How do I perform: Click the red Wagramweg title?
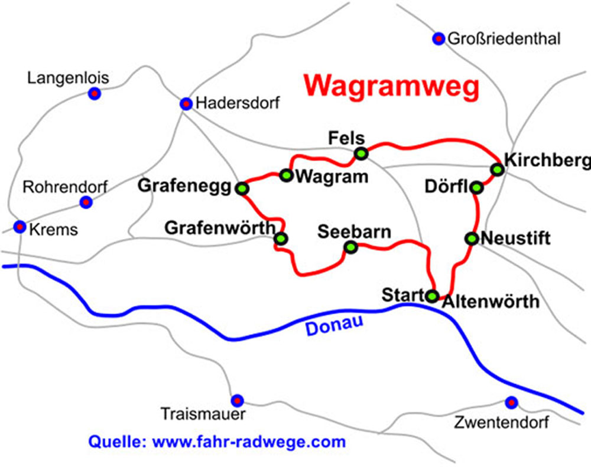[391, 86]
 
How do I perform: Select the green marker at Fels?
[361, 154]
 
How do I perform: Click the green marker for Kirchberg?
[498, 169]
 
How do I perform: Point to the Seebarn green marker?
[351, 248]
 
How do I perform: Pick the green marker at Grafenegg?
[242, 188]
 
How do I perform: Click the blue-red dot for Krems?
[20, 226]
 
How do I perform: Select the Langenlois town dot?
[94, 93]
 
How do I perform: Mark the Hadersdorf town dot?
[186, 104]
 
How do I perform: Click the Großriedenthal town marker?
[439, 39]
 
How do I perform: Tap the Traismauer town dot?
[237, 400]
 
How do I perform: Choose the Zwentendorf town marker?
[511, 402]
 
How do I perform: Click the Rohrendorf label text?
[65, 188]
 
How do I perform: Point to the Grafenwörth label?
[220, 227]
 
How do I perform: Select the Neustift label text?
[516, 239]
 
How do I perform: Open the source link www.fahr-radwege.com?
[249, 441]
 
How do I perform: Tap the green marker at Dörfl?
[476, 188]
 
